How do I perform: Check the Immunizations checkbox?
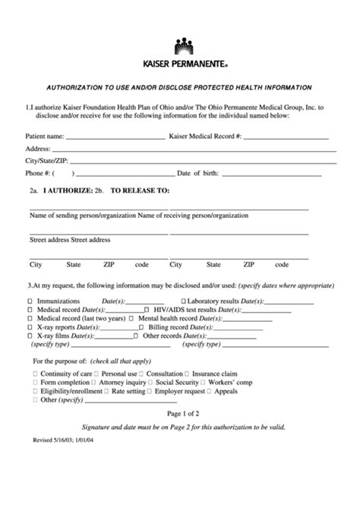tap(30, 301)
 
